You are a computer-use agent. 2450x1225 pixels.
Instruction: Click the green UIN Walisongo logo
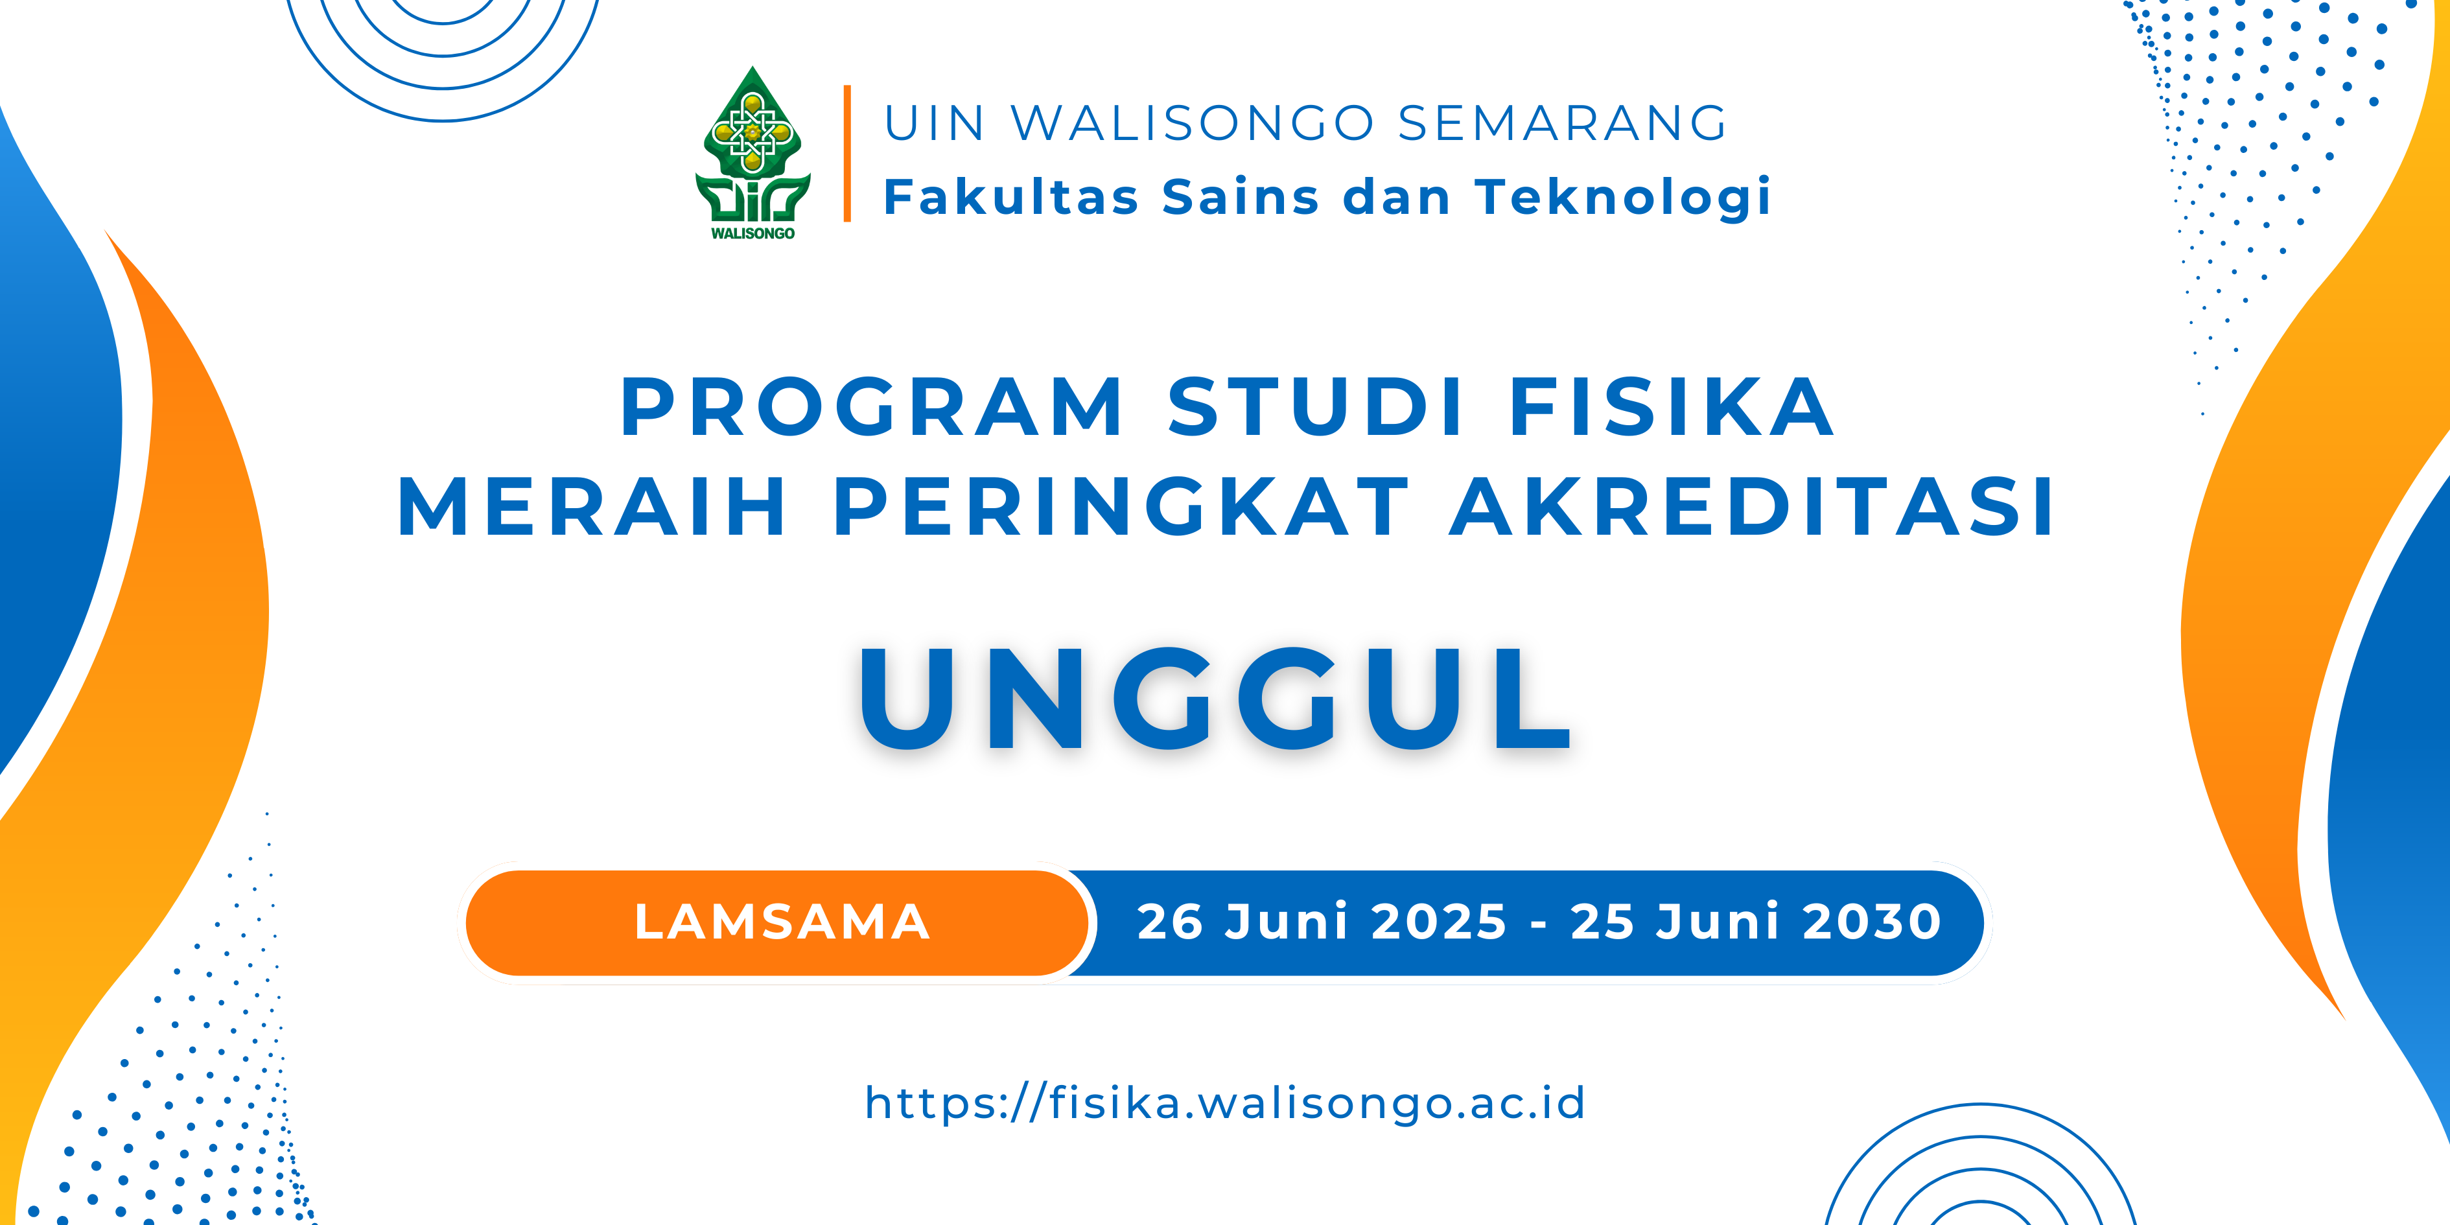tap(752, 152)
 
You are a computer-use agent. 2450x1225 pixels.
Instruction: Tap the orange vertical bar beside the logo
tap(846, 153)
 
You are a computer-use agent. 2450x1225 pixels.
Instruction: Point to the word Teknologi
tap(1622, 198)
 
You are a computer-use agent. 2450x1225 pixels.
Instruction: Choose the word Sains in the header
tap(1240, 197)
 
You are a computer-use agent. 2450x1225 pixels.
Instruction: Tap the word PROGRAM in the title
tap(872, 407)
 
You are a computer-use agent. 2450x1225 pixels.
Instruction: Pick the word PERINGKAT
tap(1121, 507)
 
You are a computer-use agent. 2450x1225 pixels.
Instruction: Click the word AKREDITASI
tap(1751, 507)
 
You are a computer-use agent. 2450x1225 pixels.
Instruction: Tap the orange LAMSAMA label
tap(782, 922)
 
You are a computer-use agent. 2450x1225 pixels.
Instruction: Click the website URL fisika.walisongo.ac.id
tap(1225, 1103)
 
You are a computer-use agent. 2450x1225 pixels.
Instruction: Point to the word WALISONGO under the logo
tap(752, 233)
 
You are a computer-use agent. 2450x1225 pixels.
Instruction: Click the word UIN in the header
tap(934, 124)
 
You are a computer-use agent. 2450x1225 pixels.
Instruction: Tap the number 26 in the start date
tap(1172, 922)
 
